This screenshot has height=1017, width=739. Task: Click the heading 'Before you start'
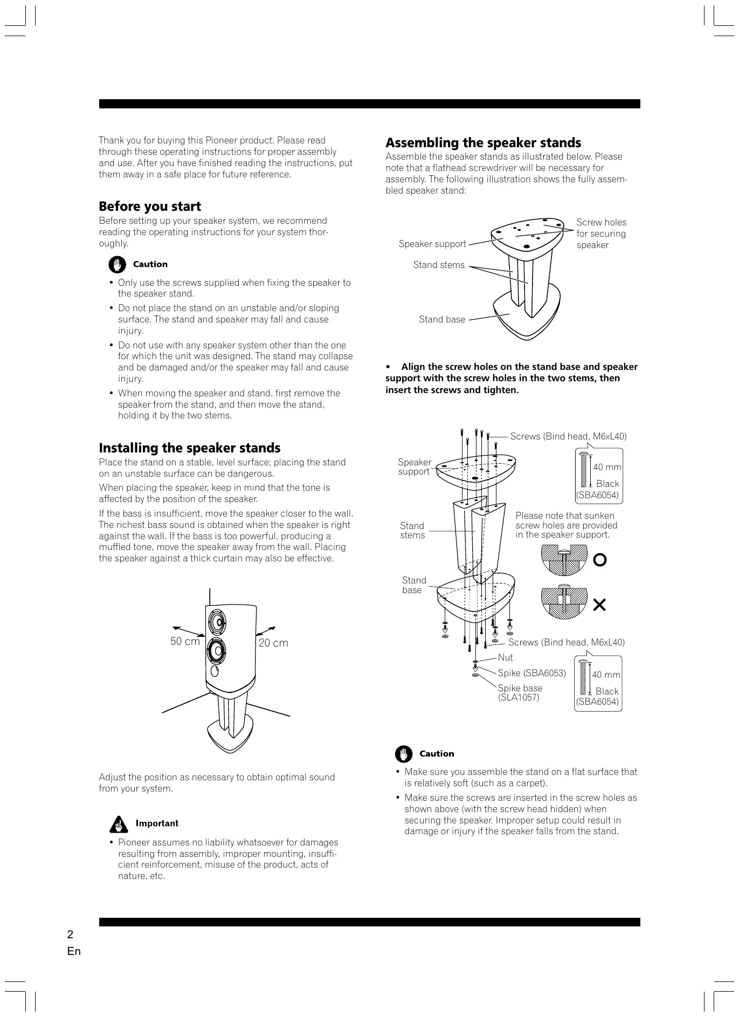(150, 207)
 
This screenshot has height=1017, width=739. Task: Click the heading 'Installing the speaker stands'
(190, 448)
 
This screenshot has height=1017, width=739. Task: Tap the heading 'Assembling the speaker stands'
(483, 143)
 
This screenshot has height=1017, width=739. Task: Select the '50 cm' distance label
(185, 641)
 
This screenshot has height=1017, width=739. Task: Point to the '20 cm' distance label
(273, 643)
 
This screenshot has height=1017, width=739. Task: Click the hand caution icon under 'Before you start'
(117, 265)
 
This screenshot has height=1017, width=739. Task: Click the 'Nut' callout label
(505, 657)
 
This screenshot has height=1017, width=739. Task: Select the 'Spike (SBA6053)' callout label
(531, 673)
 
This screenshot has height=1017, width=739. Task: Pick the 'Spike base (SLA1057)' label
(520, 692)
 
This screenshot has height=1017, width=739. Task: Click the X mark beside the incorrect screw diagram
(599, 605)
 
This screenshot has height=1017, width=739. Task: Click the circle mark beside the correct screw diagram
(599, 560)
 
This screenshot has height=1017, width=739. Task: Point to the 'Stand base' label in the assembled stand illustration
(441, 319)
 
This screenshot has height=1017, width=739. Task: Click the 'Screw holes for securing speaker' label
(601, 233)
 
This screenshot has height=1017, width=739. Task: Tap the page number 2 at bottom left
(70, 934)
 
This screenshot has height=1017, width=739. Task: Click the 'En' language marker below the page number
(74, 951)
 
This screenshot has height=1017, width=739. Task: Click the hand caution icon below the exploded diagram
(403, 754)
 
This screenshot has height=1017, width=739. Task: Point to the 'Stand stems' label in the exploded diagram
(412, 531)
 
